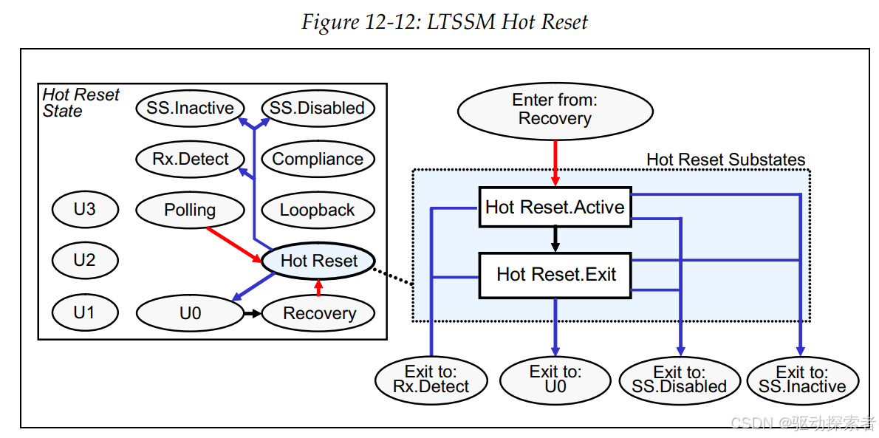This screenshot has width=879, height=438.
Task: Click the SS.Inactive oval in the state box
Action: pos(190,108)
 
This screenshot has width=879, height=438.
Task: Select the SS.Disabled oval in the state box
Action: pos(318,108)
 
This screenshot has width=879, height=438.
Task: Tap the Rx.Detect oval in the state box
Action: pos(190,159)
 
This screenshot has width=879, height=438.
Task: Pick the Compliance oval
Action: pos(318,159)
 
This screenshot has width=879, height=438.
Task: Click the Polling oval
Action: pos(190,210)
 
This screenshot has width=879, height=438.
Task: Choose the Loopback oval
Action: pos(318,210)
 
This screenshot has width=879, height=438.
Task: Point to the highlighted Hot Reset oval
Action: pos(318,261)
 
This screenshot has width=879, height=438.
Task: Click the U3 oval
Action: pos(85,210)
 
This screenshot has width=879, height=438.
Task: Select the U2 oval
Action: pos(85,261)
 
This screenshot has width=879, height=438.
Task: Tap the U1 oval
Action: pos(85,312)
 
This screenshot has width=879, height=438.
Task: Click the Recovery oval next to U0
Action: pos(318,313)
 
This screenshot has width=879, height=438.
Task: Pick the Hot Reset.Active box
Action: pos(555,207)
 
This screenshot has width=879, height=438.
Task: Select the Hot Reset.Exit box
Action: pos(555,275)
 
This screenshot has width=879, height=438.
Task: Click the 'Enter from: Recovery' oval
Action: pos(555,111)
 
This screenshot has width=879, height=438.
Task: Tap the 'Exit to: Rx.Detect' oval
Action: pos(431,380)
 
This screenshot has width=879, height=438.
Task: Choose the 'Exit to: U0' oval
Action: pos(555,380)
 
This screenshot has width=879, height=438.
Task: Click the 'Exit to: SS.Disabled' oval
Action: pos(680,380)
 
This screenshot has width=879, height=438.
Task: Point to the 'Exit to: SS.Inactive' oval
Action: pos(803,380)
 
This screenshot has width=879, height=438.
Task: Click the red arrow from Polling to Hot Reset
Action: pos(234,244)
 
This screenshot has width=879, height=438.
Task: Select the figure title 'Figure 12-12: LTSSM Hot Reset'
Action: pos(445,22)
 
